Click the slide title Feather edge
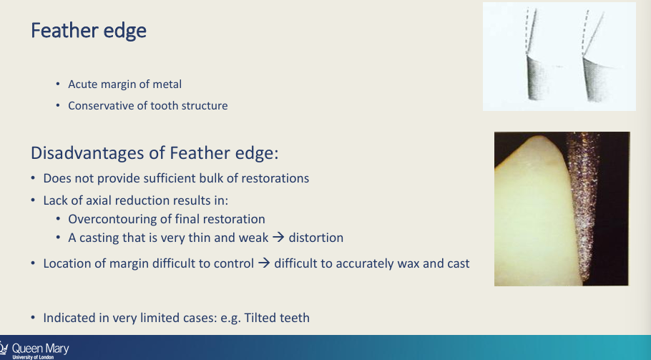89,31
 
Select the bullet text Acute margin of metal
124,84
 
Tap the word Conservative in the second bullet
101,105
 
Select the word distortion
316,237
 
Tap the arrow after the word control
263,263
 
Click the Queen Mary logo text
41,349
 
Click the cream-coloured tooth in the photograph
533,215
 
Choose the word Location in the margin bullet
67,263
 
